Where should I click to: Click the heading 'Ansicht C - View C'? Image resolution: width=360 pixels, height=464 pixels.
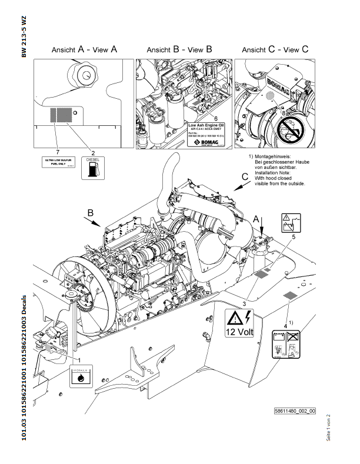click(x=275, y=50)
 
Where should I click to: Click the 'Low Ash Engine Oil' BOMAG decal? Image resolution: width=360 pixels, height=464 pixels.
click(x=205, y=135)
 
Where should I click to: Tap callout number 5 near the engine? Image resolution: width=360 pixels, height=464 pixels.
click(x=294, y=236)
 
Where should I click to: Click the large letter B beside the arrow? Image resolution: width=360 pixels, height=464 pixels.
click(x=90, y=212)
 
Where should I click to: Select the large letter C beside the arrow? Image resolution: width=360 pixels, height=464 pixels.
click(x=245, y=176)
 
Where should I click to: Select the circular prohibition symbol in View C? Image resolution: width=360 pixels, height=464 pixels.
click(x=290, y=128)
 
